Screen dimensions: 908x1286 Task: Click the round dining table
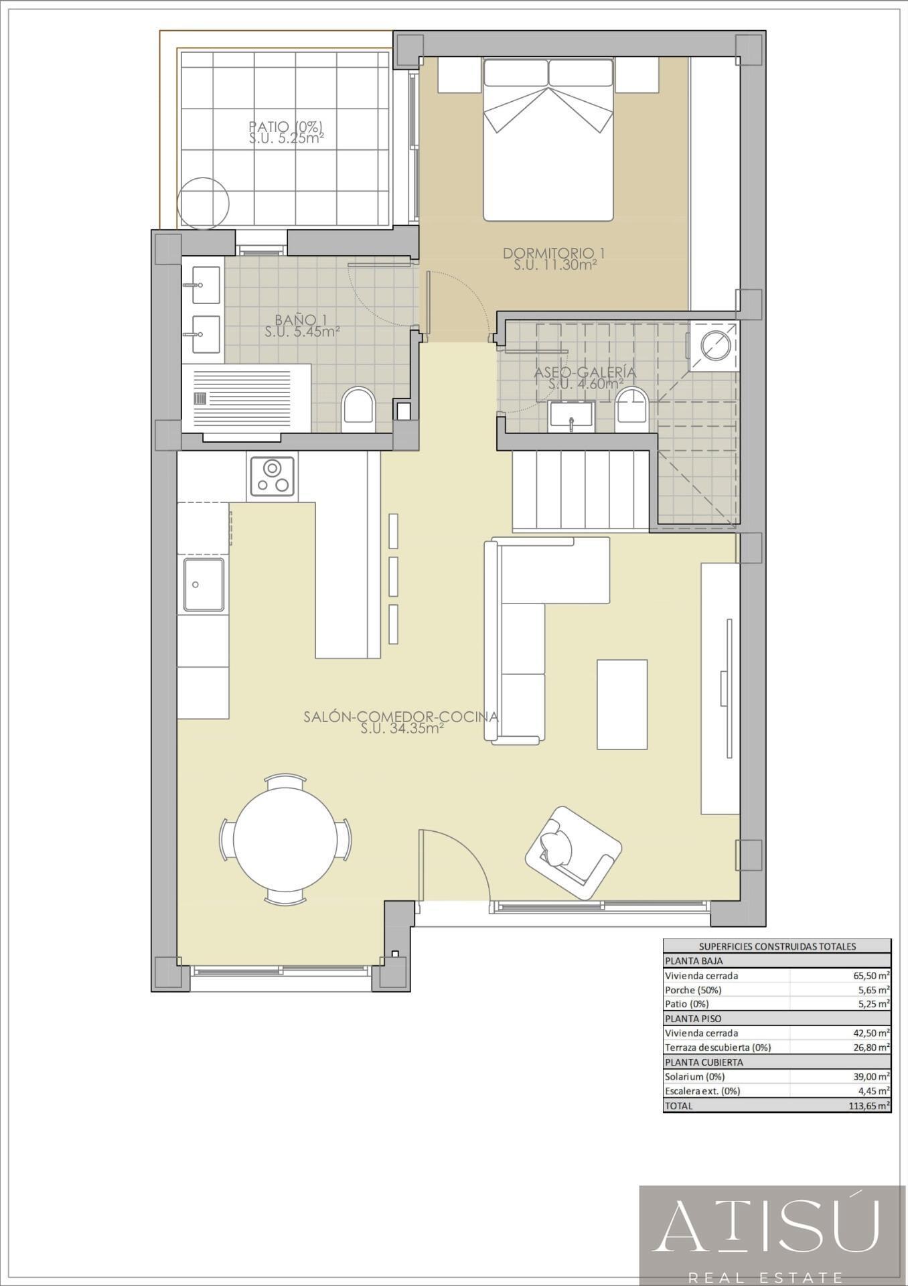tap(286, 839)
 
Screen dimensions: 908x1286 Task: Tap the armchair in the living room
tap(573, 852)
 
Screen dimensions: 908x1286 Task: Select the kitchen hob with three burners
tap(273, 476)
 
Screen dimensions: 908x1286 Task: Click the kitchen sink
tap(204, 585)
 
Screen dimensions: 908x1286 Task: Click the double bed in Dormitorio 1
tap(548, 140)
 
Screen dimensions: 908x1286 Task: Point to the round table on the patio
tap(204, 202)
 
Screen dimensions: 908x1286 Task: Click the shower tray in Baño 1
tap(246, 398)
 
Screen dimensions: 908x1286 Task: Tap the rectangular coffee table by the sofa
tap(622, 704)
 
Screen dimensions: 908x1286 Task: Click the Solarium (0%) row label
tap(694, 1077)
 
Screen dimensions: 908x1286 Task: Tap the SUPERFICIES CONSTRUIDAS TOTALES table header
tap(777, 946)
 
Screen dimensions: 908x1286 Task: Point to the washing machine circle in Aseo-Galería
tap(714, 344)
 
